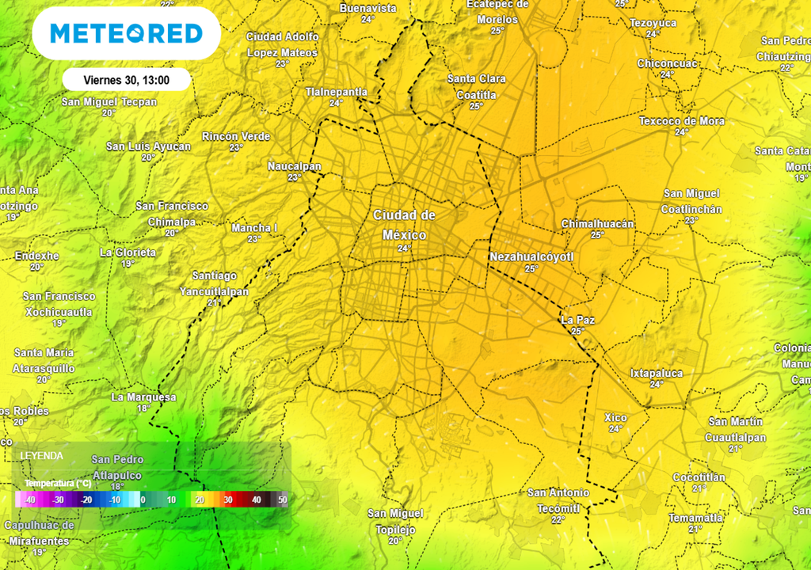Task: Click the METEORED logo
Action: click(x=126, y=33)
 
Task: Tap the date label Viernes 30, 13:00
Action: click(x=127, y=80)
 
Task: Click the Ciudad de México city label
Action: click(x=405, y=225)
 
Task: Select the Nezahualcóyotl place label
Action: click(x=531, y=257)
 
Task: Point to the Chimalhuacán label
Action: click(x=597, y=224)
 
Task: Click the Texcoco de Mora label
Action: click(x=681, y=121)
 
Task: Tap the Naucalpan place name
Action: click(x=295, y=166)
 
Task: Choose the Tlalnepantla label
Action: click(x=337, y=92)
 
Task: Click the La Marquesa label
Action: click(x=143, y=397)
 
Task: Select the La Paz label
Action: click(x=577, y=320)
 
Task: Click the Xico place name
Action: click(x=615, y=417)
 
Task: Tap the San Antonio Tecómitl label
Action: click(x=558, y=500)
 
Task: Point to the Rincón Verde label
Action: click(x=236, y=136)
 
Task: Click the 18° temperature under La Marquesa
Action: click(x=143, y=408)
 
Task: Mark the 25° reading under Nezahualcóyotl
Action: click(x=531, y=269)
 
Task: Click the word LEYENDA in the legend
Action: click(x=42, y=456)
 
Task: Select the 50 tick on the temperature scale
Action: click(x=282, y=500)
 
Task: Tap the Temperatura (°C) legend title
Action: click(x=57, y=483)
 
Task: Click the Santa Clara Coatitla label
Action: click(x=476, y=86)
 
